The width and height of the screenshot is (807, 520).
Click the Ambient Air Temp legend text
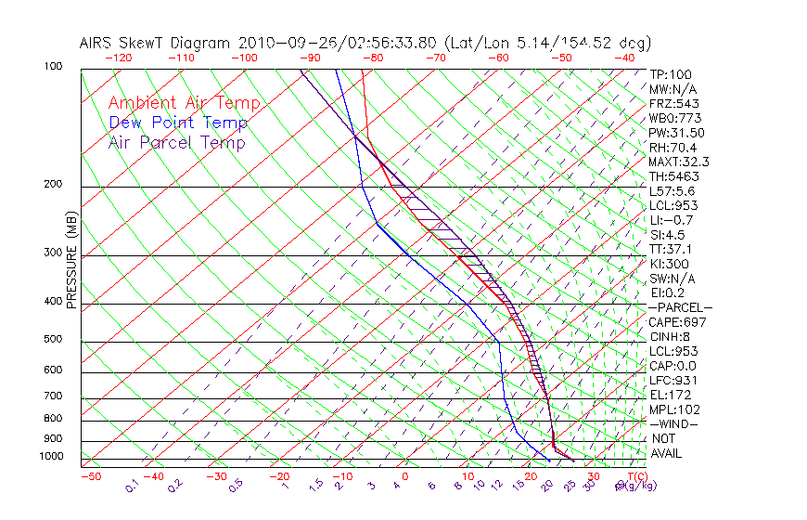click(x=184, y=104)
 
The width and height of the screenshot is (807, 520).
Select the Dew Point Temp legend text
click(x=178, y=123)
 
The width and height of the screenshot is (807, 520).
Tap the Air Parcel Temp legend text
click(x=176, y=143)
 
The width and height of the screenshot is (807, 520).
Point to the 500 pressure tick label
click(x=52, y=340)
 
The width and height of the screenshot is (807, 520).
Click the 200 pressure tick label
click(x=52, y=185)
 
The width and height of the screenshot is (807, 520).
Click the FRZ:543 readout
click(x=671, y=104)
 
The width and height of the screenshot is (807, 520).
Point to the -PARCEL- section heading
click(x=680, y=307)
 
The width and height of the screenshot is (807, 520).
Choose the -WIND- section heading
click(x=673, y=423)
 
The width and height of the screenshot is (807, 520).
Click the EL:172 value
click(x=669, y=395)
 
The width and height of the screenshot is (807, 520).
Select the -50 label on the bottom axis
click(x=90, y=476)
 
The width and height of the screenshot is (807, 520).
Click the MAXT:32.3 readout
click(x=678, y=162)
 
